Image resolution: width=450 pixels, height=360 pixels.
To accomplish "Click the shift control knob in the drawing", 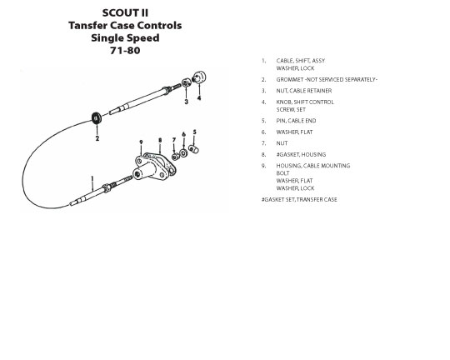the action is pyautogui.click(x=199, y=77).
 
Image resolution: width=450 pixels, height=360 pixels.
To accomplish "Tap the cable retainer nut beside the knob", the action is pyautogui.click(x=186, y=82).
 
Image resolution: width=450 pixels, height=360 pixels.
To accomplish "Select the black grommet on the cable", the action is pyautogui.click(x=97, y=118).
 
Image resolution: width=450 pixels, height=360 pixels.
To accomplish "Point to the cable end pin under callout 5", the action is pyautogui.click(x=193, y=149).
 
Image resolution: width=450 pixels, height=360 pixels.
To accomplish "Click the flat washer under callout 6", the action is pyautogui.click(x=183, y=153).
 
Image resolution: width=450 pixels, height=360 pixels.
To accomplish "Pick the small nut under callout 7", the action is pyautogui.click(x=175, y=157).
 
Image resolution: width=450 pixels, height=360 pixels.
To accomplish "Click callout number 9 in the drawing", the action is pyautogui.click(x=141, y=142).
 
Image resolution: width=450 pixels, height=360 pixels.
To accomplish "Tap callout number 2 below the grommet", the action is pyautogui.click(x=97, y=138).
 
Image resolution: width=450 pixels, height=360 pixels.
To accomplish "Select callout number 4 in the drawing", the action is pyautogui.click(x=199, y=97).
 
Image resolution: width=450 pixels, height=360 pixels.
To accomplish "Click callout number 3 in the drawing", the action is pyautogui.click(x=187, y=102).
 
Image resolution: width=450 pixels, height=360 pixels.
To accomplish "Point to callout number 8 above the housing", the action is pyautogui.click(x=160, y=140).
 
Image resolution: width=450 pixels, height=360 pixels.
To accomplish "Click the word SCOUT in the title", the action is pyautogui.click(x=117, y=13).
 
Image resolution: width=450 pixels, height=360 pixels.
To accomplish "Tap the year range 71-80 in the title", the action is pyautogui.click(x=125, y=51).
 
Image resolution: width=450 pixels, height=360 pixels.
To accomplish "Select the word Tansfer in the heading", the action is pyautogui.click(x=87, y=25).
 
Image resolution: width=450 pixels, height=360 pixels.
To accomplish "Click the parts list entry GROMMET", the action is pyautogui.click(x=289, y=79).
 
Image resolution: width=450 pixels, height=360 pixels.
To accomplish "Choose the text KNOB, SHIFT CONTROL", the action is pyautogui.click(x=305, y=102).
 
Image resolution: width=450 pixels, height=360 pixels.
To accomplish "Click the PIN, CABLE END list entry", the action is pyautogui.click(x=296, y=121).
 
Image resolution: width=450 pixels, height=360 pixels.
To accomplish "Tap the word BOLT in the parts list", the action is pyautogui.click(x=282, y=173).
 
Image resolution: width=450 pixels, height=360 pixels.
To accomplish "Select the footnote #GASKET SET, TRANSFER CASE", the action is pyautogui.click(x=299, y=199).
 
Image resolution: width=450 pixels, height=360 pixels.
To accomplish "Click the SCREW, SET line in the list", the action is pyautogui.click(x=291, y=110).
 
